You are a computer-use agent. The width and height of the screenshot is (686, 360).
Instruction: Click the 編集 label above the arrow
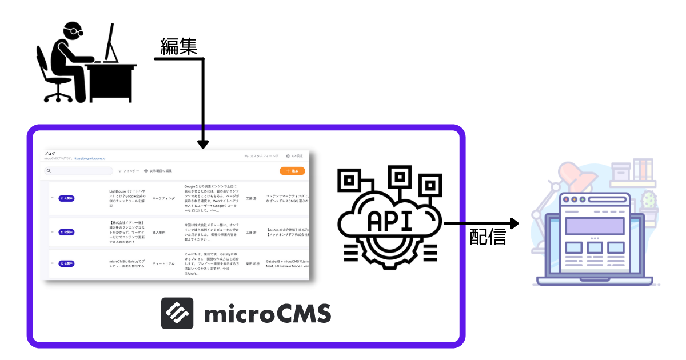pos(179,47)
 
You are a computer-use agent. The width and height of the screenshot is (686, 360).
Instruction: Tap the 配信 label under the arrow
pos(488,237)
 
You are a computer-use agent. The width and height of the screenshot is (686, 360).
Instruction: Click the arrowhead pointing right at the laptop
pos(513,223)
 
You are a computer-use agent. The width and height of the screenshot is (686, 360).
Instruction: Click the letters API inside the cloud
pos(388,221)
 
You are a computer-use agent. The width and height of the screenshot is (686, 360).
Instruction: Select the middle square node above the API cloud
pos(399,177)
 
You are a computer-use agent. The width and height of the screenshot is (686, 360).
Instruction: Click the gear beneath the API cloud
pos(389,251)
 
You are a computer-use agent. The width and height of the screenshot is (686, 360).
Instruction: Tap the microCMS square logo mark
pos(177,313)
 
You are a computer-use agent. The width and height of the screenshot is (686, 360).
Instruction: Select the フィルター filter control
pos(129,171)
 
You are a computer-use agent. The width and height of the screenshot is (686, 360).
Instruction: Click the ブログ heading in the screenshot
pos(50,154)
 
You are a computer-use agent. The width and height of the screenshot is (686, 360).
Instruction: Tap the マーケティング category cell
pos(163,198)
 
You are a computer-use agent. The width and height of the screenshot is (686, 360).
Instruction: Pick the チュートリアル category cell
pos(163,264)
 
